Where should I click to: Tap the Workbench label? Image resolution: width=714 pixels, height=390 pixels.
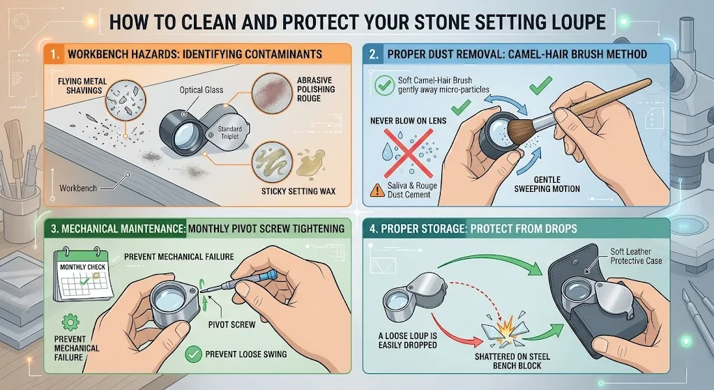pyautogui.click(x=78, y=188)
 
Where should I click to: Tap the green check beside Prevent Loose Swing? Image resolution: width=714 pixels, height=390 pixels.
pyautogui.click(x=192, y=354)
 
